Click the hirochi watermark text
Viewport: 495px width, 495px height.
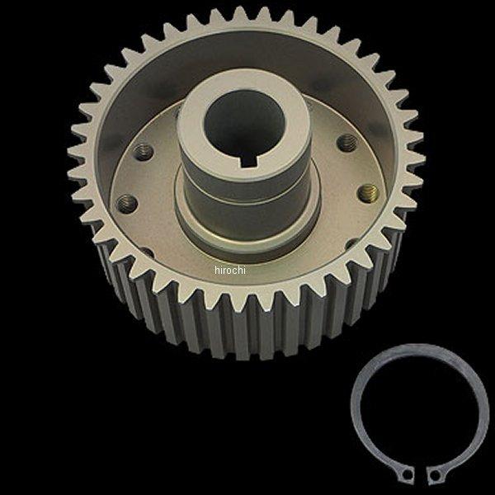point(230,270)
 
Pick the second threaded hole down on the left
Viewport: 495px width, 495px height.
point(127,201)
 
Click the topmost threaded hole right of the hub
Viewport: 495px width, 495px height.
point(347,143)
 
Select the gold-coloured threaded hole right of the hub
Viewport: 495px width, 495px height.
point(369,194)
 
